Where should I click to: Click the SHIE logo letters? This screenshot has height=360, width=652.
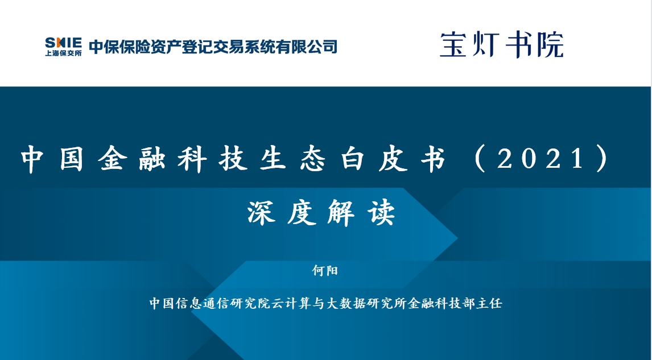point(63,43)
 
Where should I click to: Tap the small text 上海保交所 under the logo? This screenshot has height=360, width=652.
point(63,53)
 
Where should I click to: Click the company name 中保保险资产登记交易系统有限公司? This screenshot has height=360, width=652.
point(213,47)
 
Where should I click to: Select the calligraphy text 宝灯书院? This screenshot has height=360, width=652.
point(502,44)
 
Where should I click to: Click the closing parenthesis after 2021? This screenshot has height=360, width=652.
point(602,158)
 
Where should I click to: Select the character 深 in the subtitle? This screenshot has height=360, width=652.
point(262,213)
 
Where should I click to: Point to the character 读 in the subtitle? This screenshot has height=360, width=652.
point(381,213)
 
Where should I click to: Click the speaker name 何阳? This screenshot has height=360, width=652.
point(325,271)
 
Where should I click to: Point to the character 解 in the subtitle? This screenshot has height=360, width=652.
point(341,213)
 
